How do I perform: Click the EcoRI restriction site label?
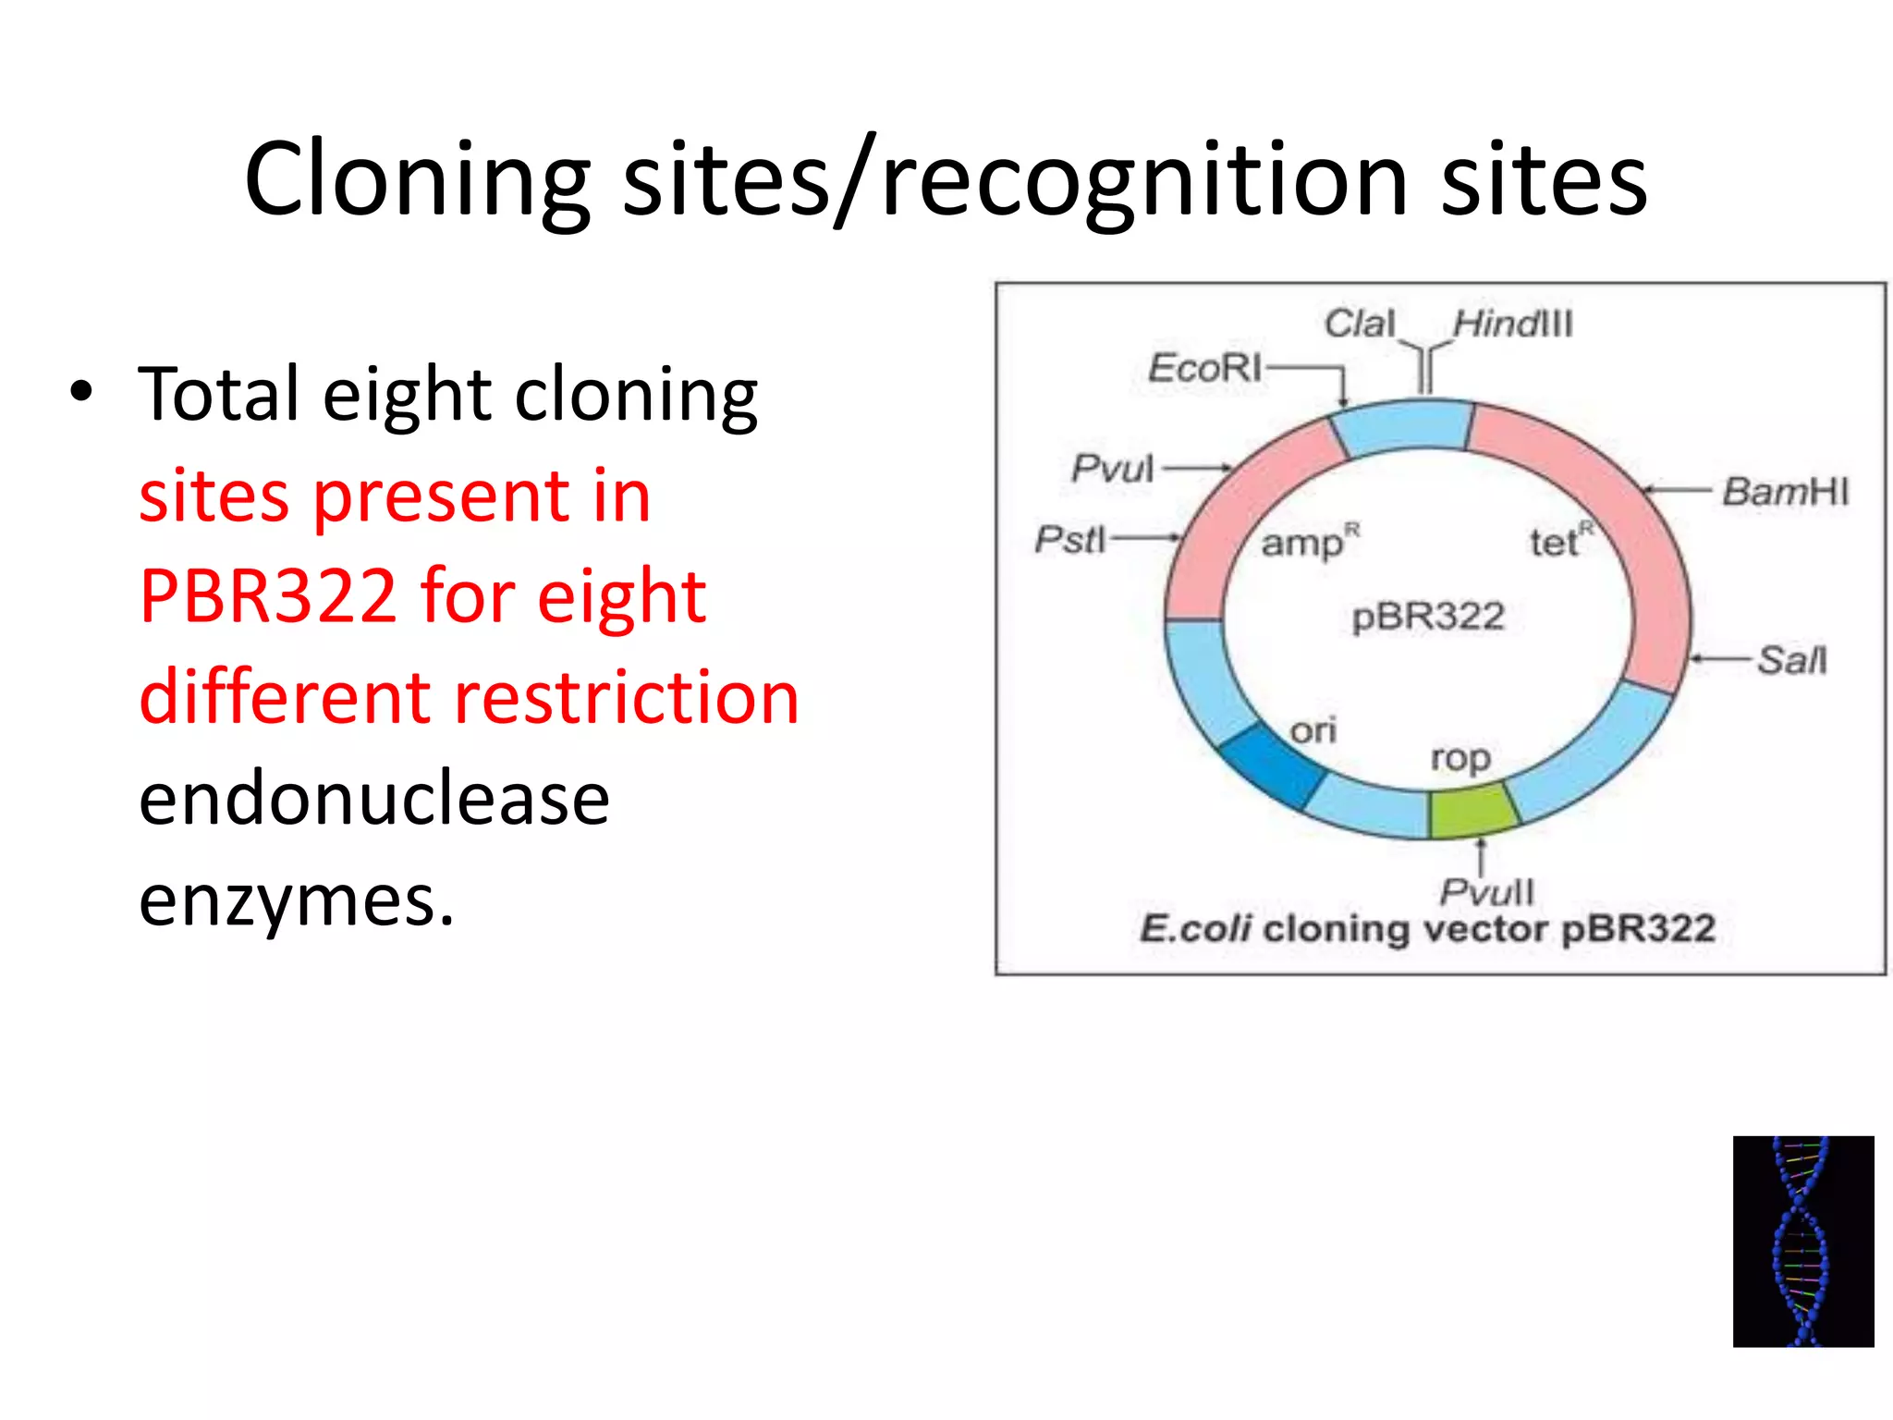click(1203, 368)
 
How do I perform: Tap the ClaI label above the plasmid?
click(1359, 324)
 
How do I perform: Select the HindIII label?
click(1512, 324)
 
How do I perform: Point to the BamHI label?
click(1785, 491)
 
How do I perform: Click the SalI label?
click(1791, 660)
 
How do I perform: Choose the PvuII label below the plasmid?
click(1486, 892)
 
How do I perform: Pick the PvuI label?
click(1112, 468)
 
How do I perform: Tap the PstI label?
click(1069, 539)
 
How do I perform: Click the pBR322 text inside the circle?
click(1428, 617)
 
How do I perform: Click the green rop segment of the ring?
click(1472, 810)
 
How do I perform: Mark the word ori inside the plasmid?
click(1313, 730)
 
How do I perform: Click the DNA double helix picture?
click(1802, 1241)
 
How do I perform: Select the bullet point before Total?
click(81, 392)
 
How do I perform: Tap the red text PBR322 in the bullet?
click(268, 596)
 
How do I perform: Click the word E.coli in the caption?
click(1195, 928)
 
